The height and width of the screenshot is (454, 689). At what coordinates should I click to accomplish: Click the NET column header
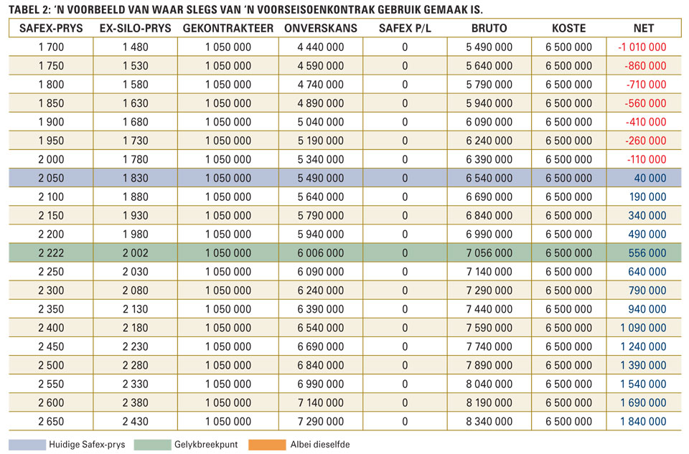(x=644, y=28)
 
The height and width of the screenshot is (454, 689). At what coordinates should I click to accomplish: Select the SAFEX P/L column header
(x=405, y=28)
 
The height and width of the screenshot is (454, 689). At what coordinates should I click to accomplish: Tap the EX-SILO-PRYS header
(x=136, y=28)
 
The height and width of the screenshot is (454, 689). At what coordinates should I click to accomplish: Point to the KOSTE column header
(x=568, y=28)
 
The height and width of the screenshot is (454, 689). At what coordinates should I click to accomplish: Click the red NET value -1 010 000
(x=642, y=47)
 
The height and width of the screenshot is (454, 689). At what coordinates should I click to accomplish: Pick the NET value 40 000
(x=650, y=179)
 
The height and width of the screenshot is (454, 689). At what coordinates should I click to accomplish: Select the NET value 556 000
(x=647, y=253)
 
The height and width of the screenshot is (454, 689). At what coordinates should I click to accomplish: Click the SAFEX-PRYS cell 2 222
(x=51, y=253)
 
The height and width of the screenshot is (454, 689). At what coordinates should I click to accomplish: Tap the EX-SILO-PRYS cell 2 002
(x=136, y=253)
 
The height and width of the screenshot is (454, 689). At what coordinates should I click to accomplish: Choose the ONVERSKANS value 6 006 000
(x=320, y=253)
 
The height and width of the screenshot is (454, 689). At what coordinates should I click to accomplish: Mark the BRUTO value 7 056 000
(x=489, y=253)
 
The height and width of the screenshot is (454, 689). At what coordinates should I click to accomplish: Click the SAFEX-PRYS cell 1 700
(x=51, y=47)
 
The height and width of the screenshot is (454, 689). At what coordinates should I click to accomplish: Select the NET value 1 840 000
(x=643, y=422)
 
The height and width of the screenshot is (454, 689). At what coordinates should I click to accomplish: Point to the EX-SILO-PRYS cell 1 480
(x=136, y=47)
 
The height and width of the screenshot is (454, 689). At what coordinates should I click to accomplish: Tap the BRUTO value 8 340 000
(x=489, y=422)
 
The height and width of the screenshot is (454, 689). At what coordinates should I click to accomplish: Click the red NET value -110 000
(x=647, y=159)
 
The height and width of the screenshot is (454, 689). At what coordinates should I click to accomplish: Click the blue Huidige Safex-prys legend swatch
(x=27, y=445)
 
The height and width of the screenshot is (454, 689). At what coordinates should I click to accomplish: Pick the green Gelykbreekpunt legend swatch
(x=152, y=445)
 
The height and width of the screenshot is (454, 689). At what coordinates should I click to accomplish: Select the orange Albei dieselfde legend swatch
(x=267, y=445)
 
